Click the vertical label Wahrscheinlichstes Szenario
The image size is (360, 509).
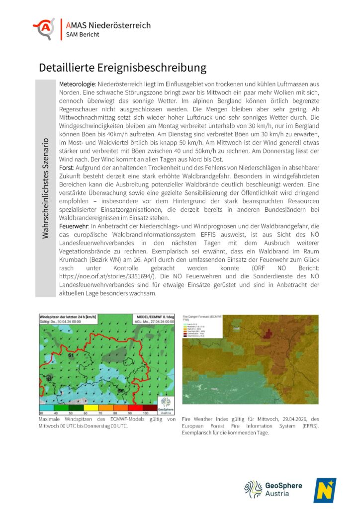click(46, 188)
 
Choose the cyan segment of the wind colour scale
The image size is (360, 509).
click(45, 408)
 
